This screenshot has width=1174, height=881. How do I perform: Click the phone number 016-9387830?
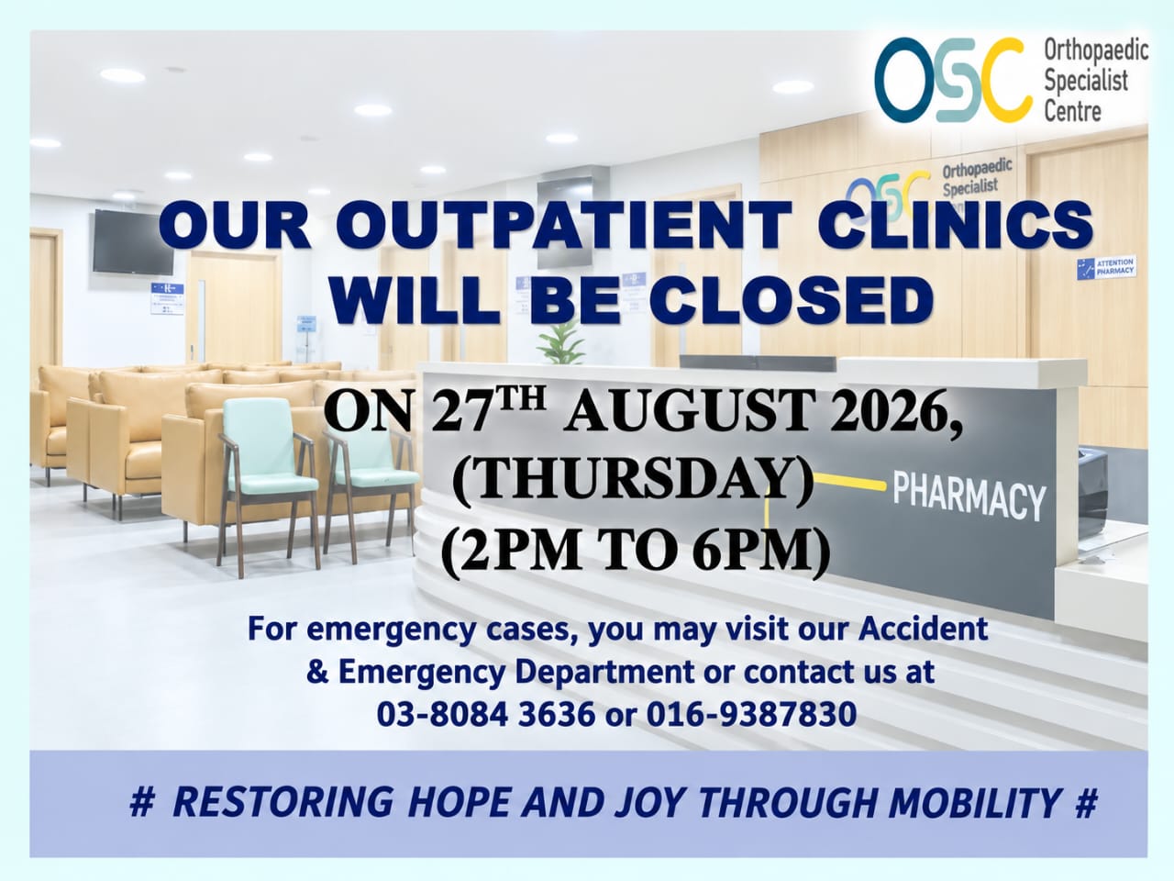[751, 714]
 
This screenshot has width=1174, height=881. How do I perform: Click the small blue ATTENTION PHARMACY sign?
[1107, 266]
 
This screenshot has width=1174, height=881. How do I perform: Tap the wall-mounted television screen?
[133, 241]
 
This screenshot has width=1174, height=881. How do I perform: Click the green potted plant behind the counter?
[560, 342]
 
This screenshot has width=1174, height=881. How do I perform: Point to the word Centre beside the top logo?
[1072, 111]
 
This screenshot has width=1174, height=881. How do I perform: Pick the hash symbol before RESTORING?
[142, 802]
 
